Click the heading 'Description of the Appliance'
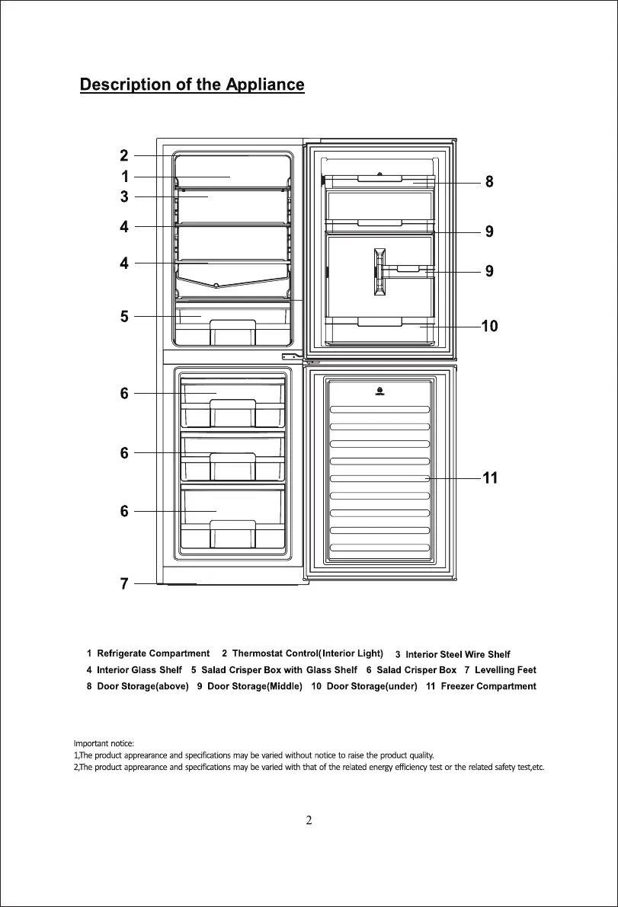point(192,85)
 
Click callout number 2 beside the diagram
point(124,156)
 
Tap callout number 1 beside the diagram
point(124,177)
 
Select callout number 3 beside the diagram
point(124,197)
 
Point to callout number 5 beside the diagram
point(124,317)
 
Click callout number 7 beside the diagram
point(124,584)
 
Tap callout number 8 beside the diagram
point(489,182)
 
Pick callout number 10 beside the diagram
point(489,326)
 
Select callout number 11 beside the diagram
point(490,478)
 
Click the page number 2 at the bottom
point(309,821)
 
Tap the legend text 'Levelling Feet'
point(505,670)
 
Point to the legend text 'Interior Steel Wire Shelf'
point(458,654)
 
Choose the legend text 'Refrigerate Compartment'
point(153,653)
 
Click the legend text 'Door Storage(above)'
point(142,686)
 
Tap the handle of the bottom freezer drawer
point(232,534)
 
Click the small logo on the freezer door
point(379,393)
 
